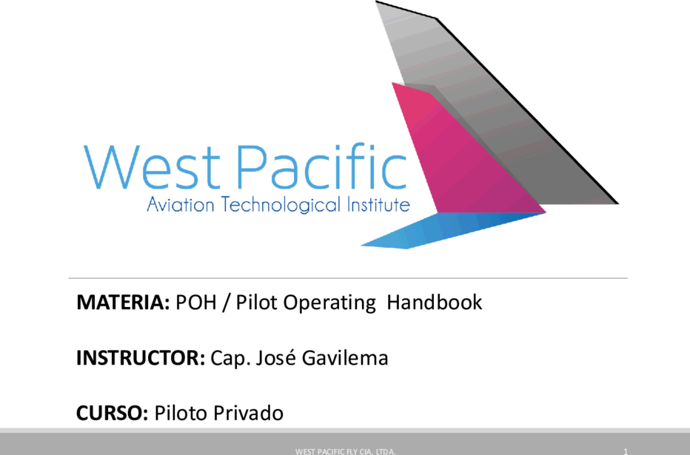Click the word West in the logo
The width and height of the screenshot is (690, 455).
(x=151, y=167)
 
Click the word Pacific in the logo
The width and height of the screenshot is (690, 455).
(x=322, y=166)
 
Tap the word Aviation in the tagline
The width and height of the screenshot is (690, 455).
(x=181, y=205)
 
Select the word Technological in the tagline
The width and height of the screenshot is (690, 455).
(x=281, y=205)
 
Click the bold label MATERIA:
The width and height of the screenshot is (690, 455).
(x=123, y=303)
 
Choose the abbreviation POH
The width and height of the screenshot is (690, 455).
(x=196, y=303)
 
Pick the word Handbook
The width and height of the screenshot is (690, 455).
(x=435, y=303)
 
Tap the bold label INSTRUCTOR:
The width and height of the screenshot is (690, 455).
(x=141, y=358)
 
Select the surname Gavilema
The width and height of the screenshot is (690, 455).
(x=345, y=358)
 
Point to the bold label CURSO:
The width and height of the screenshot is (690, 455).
(x=113, y=414)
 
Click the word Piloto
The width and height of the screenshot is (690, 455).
(x=181, y=414)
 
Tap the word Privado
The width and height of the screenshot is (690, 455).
(x=248, y=414)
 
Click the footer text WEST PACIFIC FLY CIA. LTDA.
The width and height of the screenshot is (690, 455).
(x=346, y=451)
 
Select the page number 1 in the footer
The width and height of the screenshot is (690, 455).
(x=626, y=451)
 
